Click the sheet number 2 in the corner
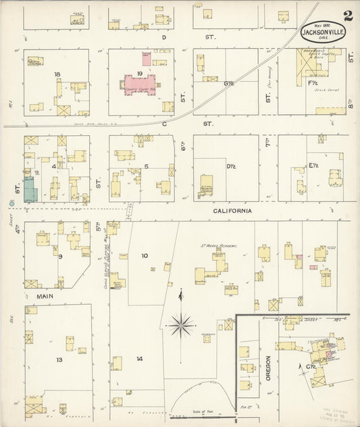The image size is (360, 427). (346, 16)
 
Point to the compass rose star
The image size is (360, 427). (180, 326)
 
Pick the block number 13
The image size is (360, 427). (59, 359)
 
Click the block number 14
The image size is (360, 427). (139, 358)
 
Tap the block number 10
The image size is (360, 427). (144, 255)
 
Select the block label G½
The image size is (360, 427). (229, 83)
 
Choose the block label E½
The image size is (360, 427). (313, 164)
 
